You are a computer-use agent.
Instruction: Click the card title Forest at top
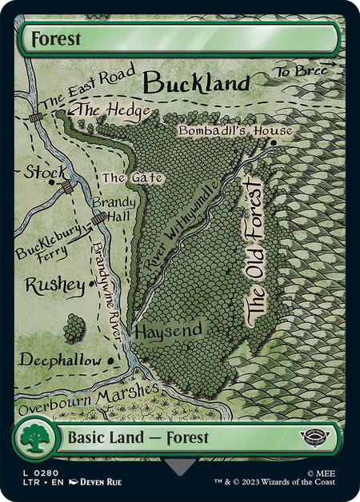[x=53, y=39]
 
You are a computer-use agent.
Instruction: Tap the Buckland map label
[x=197, y=82]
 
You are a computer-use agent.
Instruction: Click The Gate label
[x=122, y=177]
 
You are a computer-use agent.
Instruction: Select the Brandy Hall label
[x=112, y=209]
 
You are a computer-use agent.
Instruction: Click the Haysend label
[x=168, y=330]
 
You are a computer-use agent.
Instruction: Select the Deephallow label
[x=60, y=361]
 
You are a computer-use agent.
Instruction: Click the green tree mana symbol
[x=32, y=439]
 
